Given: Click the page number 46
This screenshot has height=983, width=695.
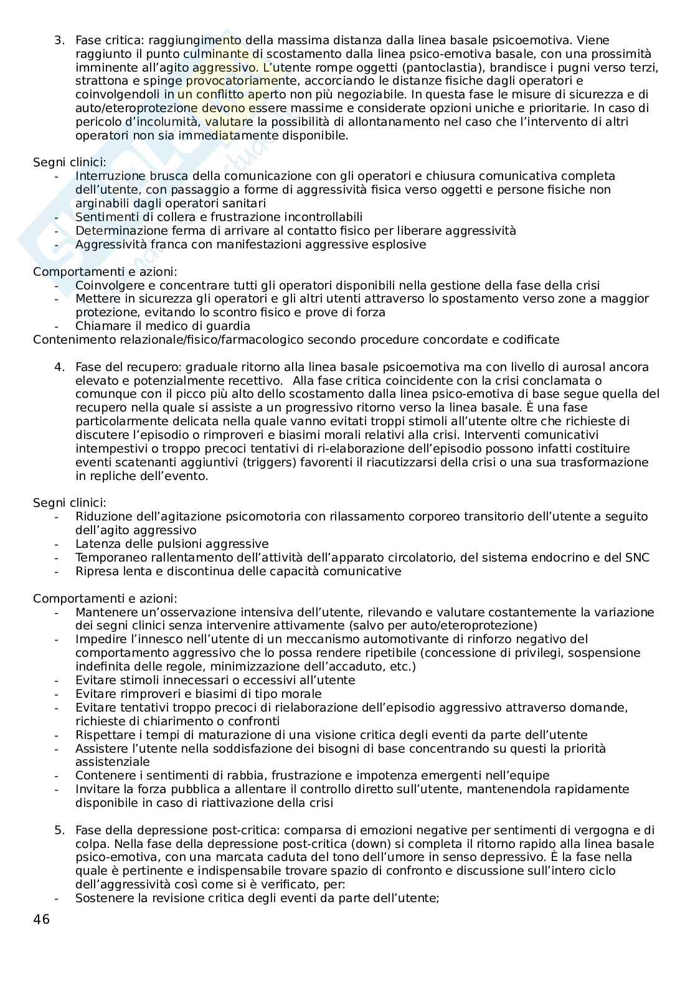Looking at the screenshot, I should click(41, 920).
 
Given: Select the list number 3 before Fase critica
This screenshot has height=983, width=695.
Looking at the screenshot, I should click(59, 40).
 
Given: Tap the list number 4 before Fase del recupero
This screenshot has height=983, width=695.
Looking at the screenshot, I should click(59, 367).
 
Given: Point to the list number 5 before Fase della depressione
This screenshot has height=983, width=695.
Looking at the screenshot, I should click(59, 830).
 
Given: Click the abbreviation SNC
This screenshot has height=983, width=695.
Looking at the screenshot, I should click(636, 557).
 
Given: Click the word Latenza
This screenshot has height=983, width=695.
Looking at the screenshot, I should click(97, 543).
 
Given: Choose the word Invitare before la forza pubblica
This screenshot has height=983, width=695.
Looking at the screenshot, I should click(96, 789).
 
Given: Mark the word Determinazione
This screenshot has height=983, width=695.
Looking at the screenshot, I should click(118, 230).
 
